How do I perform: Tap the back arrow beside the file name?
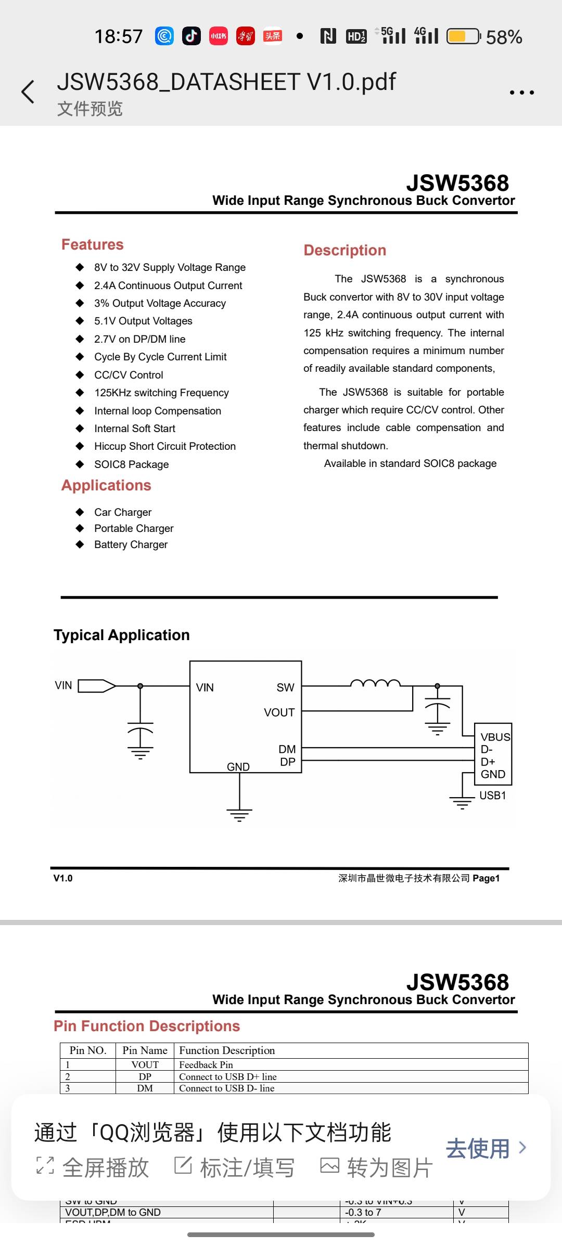tap(28, 92)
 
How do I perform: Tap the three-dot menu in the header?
tap(521, 93)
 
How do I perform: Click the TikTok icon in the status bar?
tap(191, 36)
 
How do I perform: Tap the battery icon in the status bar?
tap(463, 36)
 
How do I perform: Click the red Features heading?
tap(93, 244)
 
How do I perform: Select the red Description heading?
tap(344, 250)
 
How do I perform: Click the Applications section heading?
tap(106, 485)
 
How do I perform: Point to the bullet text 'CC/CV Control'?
tap(129, 375)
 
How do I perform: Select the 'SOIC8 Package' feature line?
tap(131, 464)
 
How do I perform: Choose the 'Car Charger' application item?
tap(123, 512)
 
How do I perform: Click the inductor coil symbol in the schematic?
tap(375, 683)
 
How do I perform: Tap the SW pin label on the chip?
tap(285, 687)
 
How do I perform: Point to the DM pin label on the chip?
tap(287, 749)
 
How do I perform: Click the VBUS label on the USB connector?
tap(495, 737)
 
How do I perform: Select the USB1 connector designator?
tap(492, 796)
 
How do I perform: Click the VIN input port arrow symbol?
tap(97, 686)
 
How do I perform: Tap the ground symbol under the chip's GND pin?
tap(239, 814)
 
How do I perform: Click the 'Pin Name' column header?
tap(145, 1050)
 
